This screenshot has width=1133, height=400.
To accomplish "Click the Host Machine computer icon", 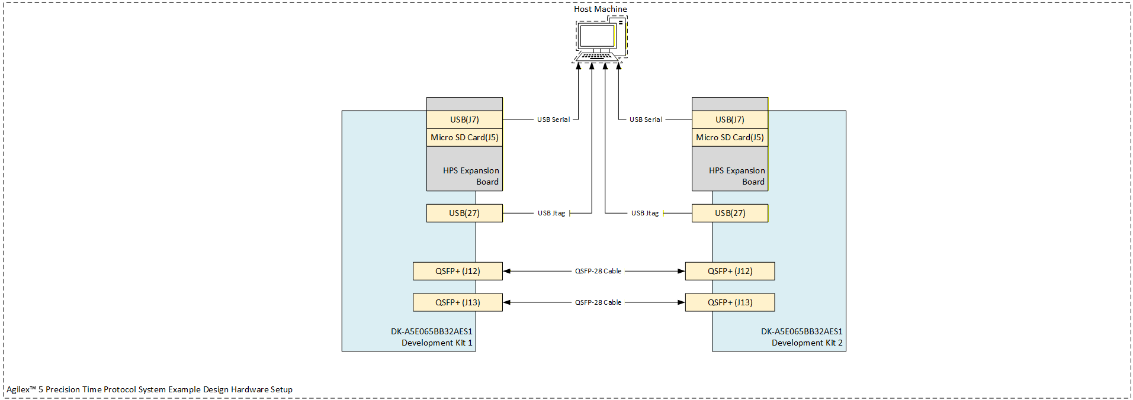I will (599, 39).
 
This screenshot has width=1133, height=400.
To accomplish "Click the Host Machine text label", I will (600, 9).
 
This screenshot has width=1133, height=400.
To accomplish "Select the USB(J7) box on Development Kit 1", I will (464, 120).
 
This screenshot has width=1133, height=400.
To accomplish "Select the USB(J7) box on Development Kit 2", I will (730, 120).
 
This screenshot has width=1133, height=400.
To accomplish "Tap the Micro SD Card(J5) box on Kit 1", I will (464, 137).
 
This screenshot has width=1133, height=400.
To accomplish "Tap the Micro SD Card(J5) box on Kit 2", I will (730, 137).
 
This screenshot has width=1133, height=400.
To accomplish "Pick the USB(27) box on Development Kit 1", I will (464, 213).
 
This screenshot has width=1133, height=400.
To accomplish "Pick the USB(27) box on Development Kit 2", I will (730, 213).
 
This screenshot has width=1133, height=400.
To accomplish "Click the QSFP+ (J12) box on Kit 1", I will (458, 271).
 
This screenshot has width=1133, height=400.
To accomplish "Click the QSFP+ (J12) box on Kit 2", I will (730, 271).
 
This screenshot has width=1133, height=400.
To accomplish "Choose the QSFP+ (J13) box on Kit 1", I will (458, 302).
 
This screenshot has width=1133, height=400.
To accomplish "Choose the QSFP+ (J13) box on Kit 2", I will (730, 302).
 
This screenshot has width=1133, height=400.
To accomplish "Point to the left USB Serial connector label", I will (553, 120).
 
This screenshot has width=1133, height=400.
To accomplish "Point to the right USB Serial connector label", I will (646, 120).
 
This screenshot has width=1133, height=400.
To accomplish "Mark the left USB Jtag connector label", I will (551, 213).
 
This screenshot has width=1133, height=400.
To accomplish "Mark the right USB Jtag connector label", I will (644, 213).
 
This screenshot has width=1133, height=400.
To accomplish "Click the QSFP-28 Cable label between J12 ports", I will (598, 271).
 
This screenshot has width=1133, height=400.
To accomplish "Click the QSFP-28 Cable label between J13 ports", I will (598, 302).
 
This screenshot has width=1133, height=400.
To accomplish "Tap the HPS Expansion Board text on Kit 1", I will (471, 176).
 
